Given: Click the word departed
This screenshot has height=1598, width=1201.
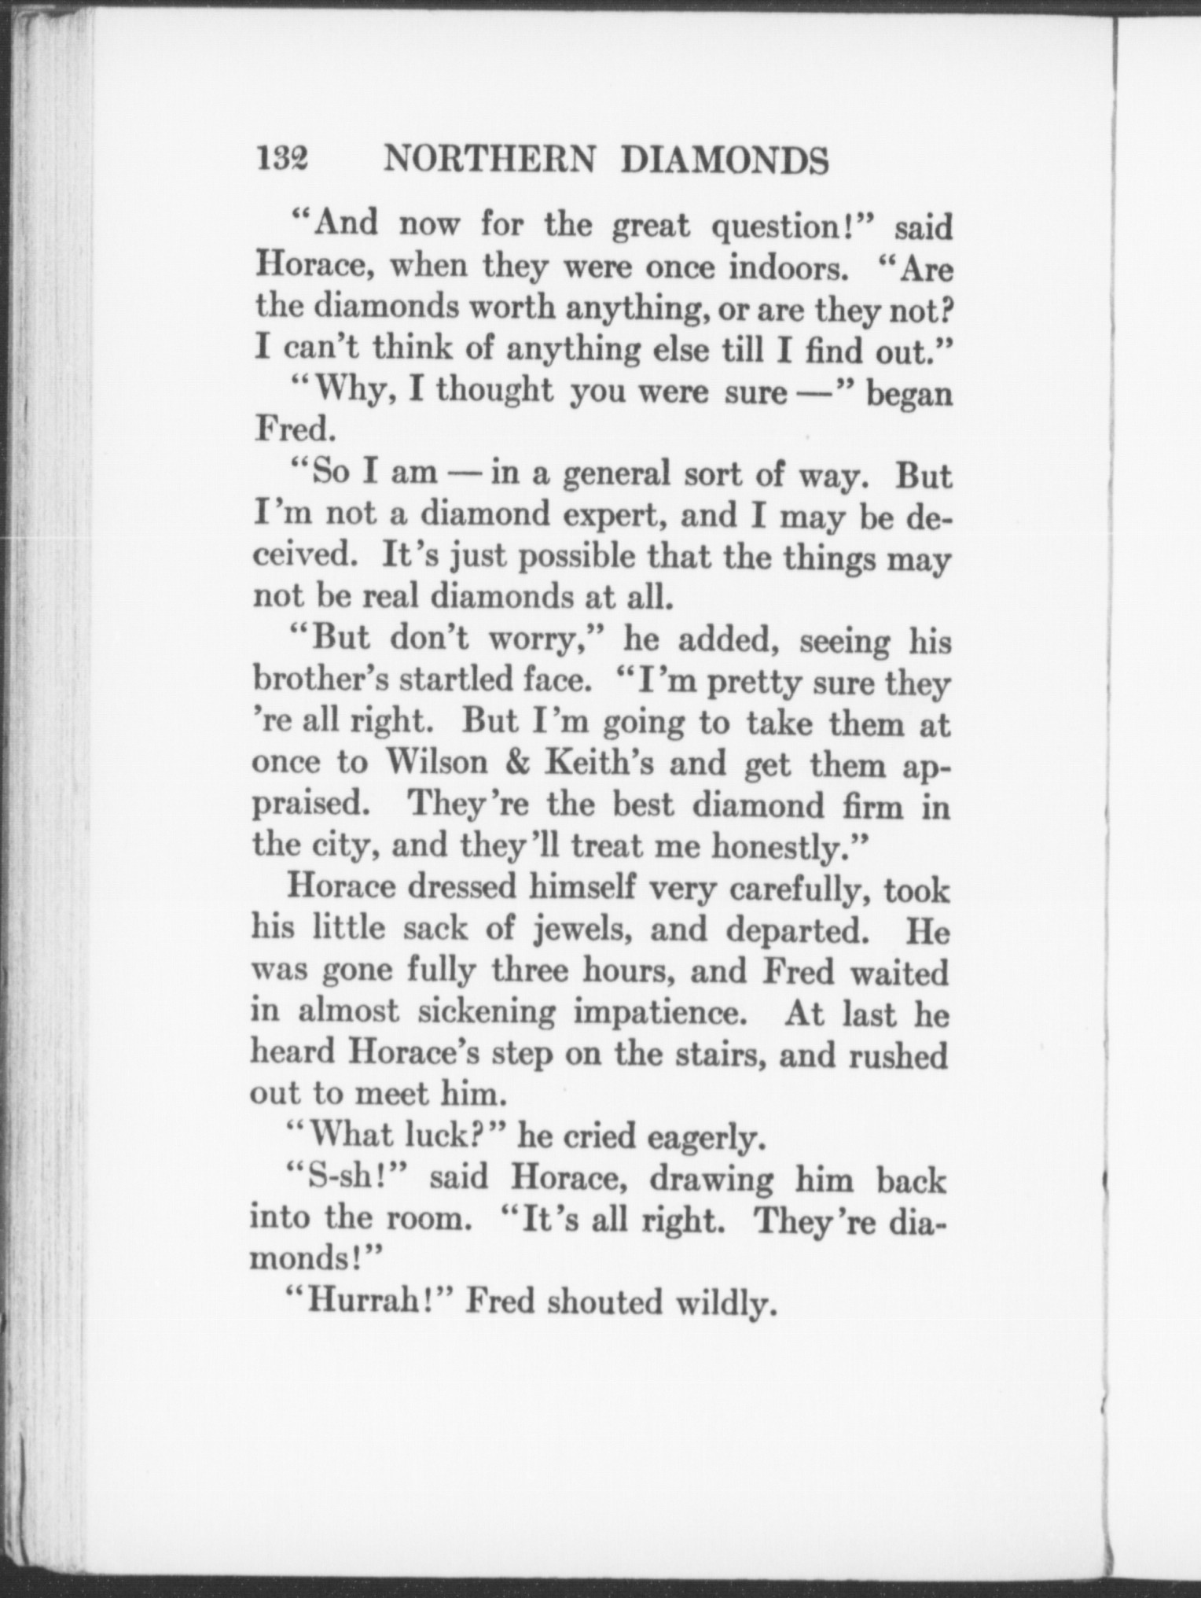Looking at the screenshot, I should (798, 930).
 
